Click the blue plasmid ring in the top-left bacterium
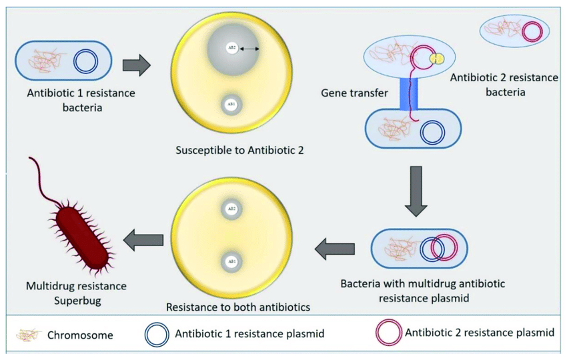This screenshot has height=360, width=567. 85,62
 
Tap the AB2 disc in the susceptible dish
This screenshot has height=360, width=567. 230,49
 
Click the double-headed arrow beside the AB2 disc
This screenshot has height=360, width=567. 250,49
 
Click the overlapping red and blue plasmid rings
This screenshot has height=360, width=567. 433,249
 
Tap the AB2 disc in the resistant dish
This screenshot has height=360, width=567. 231,209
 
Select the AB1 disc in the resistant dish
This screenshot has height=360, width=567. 231,261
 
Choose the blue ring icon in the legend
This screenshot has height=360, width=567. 157,333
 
